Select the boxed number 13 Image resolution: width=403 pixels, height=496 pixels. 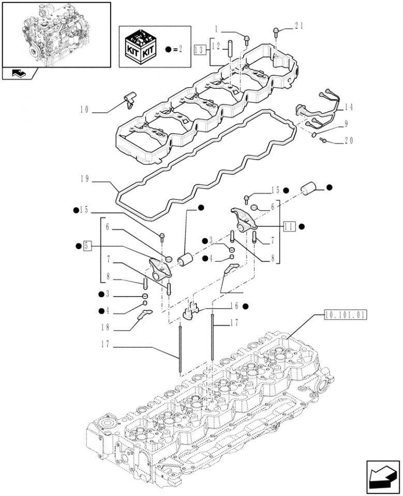(200, 50)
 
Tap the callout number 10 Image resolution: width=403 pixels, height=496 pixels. (85, 110)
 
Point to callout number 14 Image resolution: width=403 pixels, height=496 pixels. (348, 107)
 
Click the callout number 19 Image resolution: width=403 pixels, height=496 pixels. (85, 179)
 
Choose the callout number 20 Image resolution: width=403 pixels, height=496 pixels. (348, 141)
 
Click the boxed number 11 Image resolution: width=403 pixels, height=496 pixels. (289, 226)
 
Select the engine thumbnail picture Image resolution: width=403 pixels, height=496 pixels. (56, 34)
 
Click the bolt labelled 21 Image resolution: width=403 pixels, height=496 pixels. (277, 33)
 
